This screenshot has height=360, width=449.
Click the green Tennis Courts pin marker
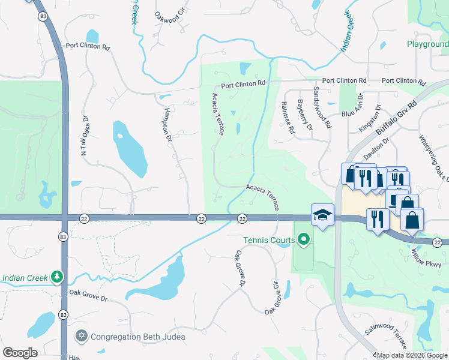pyautogui.click(x=304, y=241)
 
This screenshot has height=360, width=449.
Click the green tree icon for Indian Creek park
pyautogui.click(x=57, y=278)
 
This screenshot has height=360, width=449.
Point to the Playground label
pyautogui.click(x=427, y=44)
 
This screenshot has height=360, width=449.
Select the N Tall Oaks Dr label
pyautogui.click(x=85, y=137)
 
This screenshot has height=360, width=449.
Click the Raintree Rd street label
pyautogui.click(x=288, y=117)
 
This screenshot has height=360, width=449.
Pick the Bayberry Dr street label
pyautogui.click(x=304, y=115)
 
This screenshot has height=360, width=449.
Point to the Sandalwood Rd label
pyautogui.click(x=322, y=107)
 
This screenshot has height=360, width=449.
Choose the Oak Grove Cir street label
pyautogui.click(x=274, y=298)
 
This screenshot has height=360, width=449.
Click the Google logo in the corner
pyautogui.click(x=20, y=353)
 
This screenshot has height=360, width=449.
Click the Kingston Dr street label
pyautogui.click(x=369, y=119)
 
